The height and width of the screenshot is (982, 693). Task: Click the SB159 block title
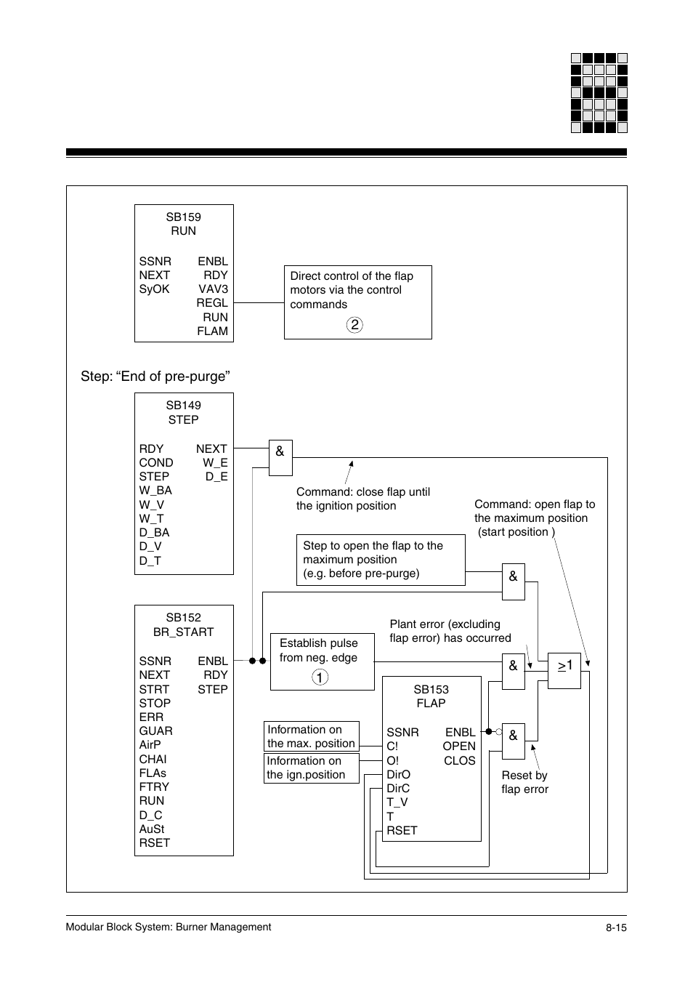point(183,217)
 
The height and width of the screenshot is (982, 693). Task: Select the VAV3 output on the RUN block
point(213,289)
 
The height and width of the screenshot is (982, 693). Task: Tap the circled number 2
point(354,325)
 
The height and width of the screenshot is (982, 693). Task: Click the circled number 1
point(320,677)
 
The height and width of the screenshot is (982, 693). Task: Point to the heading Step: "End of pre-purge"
point(155,377)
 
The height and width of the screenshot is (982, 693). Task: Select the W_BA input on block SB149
point(155,491)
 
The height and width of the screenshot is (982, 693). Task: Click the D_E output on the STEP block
point(216,477)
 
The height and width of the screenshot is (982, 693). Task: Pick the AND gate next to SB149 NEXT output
point(280,457)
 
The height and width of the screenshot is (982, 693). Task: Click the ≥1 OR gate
point(564,670)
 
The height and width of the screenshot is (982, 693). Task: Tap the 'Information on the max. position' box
point(312,736)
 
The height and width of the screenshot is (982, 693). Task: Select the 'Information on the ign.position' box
point(312,768)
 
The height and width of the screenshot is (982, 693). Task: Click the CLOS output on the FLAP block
point(460,761)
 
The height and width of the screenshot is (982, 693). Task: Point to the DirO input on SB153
point(398,775)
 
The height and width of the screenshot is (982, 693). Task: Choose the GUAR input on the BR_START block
point(155,731)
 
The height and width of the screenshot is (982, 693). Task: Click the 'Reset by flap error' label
point(524,782)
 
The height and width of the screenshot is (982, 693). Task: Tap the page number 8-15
point(616,927)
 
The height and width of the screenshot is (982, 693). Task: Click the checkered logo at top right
point(599,93)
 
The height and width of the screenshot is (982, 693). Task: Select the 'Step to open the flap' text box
point(381,560)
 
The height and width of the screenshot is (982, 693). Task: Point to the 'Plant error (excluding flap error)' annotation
point(450,631)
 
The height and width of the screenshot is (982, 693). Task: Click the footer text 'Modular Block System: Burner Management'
point(169,927)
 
